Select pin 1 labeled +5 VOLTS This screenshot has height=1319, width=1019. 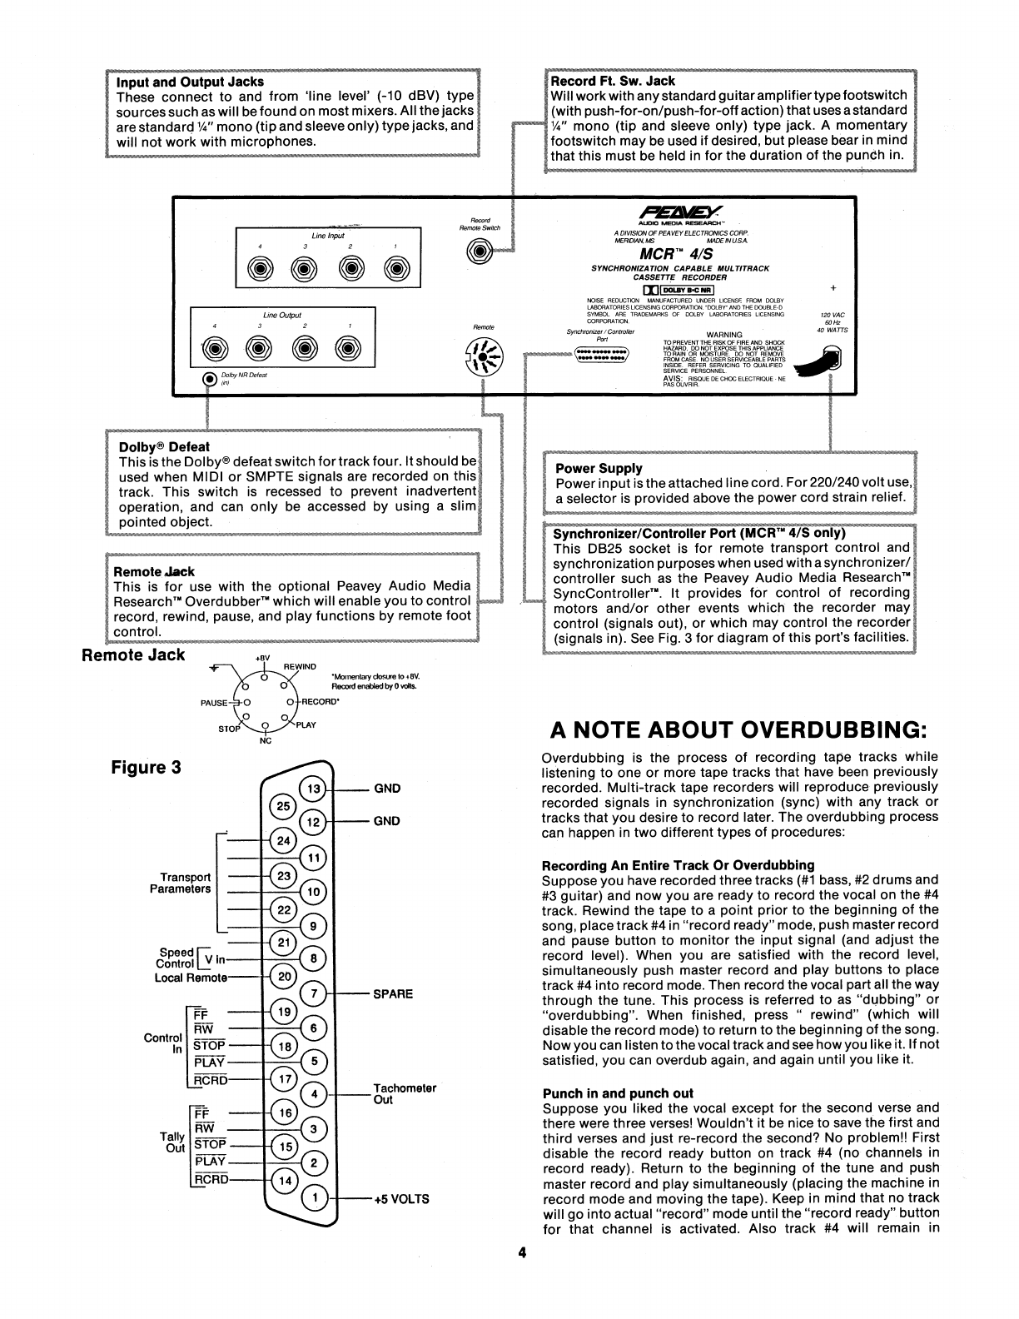tap(313, 1198)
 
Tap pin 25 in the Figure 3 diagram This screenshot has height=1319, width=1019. tap(284, 806)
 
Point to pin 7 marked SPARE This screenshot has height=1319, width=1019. tap(313, 993)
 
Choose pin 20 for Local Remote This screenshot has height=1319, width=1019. tap(284, 977)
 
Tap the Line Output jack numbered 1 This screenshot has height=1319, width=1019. tap(350, 348)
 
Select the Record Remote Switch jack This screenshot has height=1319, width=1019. tap(480, 251)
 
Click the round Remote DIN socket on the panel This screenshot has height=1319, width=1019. tap(483, 359)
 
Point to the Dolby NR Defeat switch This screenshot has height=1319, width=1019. tap(211, 380)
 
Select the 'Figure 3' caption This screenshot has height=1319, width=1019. tap(146, 767)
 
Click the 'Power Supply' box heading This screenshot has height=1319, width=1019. tap(599, 468)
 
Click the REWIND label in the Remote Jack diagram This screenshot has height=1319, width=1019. tap(300, 667)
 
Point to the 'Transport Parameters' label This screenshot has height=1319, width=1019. tap(180, 883)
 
